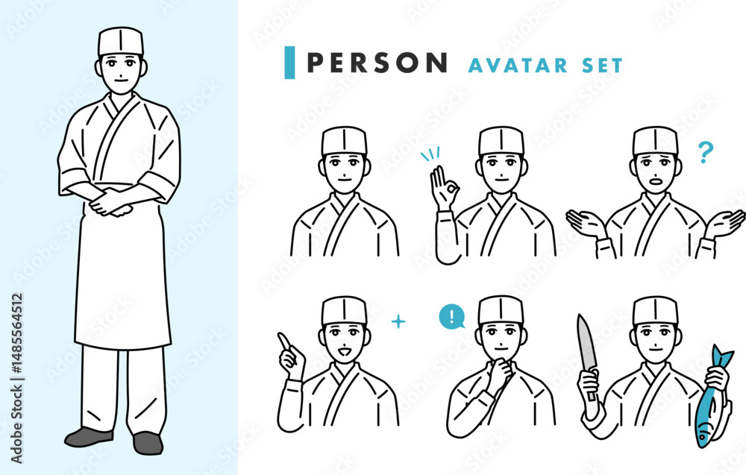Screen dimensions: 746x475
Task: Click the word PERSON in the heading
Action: tap(377, 63)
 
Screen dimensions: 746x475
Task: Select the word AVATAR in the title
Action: tap(518, 66)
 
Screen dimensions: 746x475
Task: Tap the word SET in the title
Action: tap(602, 66)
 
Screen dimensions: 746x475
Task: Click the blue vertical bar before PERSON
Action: tap(289, 63)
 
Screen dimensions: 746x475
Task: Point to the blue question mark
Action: tap(706, 152)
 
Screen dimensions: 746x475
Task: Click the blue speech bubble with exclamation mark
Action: tap(452, 317)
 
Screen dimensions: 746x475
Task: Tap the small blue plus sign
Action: tap(398, 322)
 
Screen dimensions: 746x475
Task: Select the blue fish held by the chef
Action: tap(712, 400)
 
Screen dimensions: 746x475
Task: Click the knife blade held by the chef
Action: tap(586, 342)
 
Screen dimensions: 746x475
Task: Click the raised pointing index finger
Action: tap(285, 342)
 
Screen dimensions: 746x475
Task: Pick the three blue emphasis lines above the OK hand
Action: tap(430, 155)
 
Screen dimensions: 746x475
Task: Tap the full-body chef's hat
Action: tap(121, 42)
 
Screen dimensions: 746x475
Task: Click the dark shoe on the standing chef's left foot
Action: tap(148, 443)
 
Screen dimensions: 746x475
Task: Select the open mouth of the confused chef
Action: tap(656, 180)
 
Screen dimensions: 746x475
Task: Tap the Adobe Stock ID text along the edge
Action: tap(16, 378)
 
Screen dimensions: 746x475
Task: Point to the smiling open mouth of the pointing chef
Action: tap(345, 352)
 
